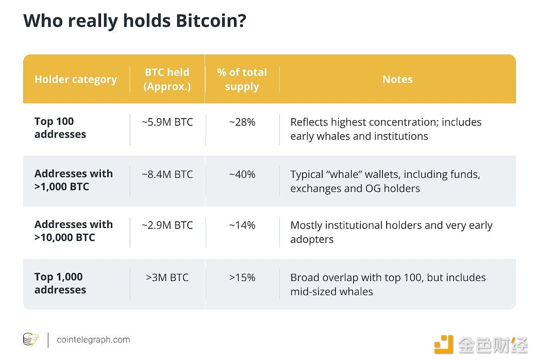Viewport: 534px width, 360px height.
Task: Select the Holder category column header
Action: coord(76,79)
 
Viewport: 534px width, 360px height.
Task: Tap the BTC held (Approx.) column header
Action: coord(167,79)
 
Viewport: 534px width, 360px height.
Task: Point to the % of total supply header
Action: coord(242,79)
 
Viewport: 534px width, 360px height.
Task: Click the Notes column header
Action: coord(397,79)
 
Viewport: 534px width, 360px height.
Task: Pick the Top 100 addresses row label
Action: coord(60,128)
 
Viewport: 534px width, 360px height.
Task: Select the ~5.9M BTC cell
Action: coord(167,122)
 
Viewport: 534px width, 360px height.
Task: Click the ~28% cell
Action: coord(242,122)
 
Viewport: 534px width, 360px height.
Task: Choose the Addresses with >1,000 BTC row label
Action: coord(73,180)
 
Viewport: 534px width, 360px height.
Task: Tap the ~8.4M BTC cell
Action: coord(167,174)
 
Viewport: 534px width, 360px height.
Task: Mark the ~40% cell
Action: coord(242,174)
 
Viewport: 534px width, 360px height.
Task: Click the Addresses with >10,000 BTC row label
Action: coord(73,231)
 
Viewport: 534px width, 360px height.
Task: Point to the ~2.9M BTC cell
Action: coord(167,225)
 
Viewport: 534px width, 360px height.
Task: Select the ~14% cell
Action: coord(242,225)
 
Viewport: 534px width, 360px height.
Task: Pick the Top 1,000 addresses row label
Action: coord(60,283)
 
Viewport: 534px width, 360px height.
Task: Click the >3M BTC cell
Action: coord(167,277)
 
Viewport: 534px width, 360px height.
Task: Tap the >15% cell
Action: coord(242,277)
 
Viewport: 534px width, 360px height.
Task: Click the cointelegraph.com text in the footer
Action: coord(93,340)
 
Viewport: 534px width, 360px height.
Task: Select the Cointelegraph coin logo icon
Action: coord(30,340)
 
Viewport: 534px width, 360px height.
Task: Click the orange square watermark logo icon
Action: coord(443,344)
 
